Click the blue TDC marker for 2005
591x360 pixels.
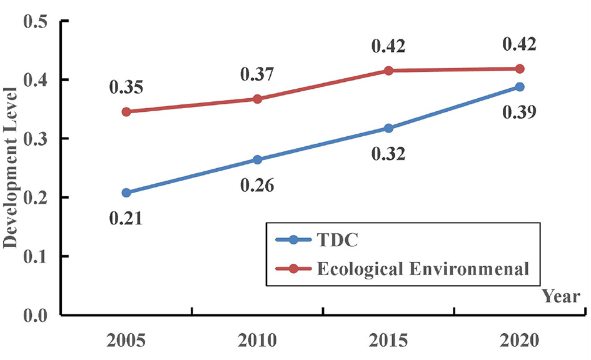pyautogui.click(x=127, y=192)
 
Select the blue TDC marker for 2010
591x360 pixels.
pyautogui.click(x=257, y=159)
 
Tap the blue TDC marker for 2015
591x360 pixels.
pyautogui.click(x=388, y=128)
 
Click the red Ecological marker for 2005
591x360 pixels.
pyautogui.click(x=127, y=112)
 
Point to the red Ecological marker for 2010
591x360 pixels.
pyautogui.click(x=257, y=99)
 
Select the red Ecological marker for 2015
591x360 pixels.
pyautogui.click(x=388, y=71)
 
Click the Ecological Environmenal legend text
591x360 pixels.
pyautogui.click(x=424, y=269)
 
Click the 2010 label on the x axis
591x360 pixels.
pyautogui.click(x=257, y=342)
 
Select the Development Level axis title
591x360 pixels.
pyautogui.click(x=11, y=167)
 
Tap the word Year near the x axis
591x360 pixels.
pyautogui.click(x=560, y=296)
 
